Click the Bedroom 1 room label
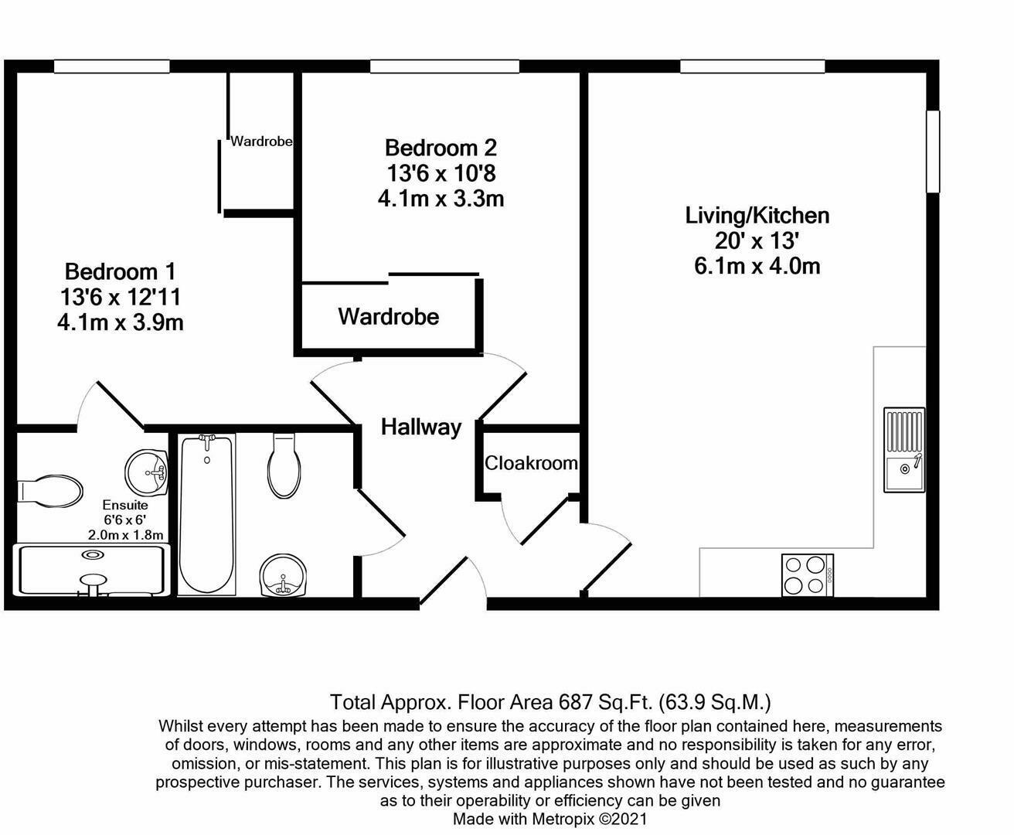pos(120,271)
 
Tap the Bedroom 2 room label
pos(441,147)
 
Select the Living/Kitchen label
pos(757,215)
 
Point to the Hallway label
pos(421,427)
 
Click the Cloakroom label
pos(531,463)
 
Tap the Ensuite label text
pos(124,505)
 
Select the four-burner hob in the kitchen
pos(807,575)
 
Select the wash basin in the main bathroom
pos(283,577)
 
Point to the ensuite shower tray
pos(91,571)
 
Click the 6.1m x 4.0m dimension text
pos(757,267)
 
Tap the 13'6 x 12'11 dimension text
pos(120,297)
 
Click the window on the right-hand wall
pos(933,151)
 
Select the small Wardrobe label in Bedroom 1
pos(261,141)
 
